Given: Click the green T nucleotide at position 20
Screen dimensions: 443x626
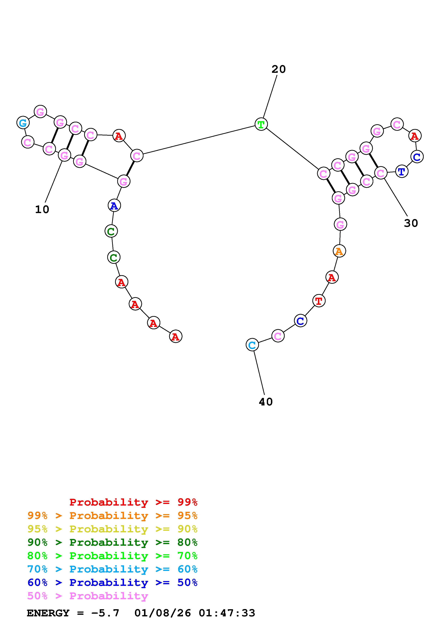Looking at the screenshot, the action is [261, 124].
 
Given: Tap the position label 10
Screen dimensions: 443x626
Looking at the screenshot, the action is [42, 209].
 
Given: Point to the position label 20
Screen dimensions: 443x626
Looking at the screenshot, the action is [278, 69].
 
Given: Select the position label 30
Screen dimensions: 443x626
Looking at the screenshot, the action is [411, 223].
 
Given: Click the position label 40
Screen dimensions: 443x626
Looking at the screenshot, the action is [266, 402].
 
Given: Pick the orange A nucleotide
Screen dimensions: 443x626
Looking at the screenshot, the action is [339, 251].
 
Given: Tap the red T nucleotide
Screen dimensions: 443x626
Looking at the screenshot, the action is [318, 301].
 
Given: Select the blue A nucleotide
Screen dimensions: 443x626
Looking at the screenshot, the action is [114, 206].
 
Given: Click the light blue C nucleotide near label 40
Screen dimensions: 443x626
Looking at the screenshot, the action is [252, 345].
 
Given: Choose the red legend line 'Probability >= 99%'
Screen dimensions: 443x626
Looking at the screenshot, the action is [133, 502].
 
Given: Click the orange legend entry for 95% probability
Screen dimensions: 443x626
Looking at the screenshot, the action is [112, 516].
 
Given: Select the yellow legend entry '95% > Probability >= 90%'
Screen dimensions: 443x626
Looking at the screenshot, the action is [112, 529].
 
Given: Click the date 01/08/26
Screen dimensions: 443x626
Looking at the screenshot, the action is [163, 613].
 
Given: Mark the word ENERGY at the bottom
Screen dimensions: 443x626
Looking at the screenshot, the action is [48, 613].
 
